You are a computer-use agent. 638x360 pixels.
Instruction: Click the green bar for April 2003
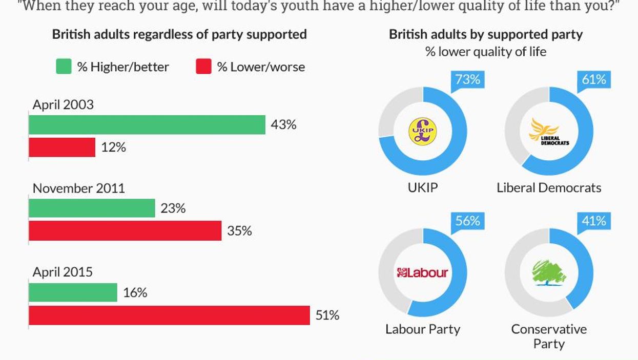pyautogui.click(x=147, y=124)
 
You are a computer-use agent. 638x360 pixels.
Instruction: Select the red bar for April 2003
pyautogui.click(x=62, y=147)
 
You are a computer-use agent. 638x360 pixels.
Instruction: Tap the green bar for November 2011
pyautogui.click(x=92, y=208)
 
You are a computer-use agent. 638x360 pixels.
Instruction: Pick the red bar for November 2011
pyautogui.click(x=125, y=231)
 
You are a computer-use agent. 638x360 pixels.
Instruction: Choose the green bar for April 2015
pyautogui.click(x=73, y=292)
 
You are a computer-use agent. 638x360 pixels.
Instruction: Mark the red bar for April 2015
pyautogui.click(x=169, y=315)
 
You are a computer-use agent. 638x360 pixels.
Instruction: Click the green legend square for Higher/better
pyautogui.click(x=64, y=67)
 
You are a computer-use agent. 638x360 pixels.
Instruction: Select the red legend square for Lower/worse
pyautogui.click(x=203, y=67)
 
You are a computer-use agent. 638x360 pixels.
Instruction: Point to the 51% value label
pyautogui.click(x=327, y=315)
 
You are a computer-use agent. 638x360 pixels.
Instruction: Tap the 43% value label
pyautogui.click(x=283, y=124)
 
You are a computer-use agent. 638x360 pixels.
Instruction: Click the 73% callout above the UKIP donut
pyautogui.click(x=467, y=79)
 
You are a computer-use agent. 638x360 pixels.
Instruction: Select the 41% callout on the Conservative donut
pyautogui.click(x=593, y=221)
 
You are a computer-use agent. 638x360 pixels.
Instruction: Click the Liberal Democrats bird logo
pyautogui.click(x=549, y=132)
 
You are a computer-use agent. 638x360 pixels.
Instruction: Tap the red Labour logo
pyautogui.click(x=422, y=272)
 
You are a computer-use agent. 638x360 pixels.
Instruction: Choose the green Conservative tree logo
pyautogui.click(x=549, y=272)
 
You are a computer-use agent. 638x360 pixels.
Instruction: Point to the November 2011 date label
pyautogui.click(x=79, y=188)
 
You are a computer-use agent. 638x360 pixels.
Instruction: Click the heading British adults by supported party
pyautogui.click(x=486, y=34)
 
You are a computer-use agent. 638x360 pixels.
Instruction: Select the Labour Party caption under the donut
pyautogui.click(x=423, y=329)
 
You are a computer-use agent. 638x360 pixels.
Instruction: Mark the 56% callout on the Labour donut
pyautogui.click(x=467, y=221)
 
